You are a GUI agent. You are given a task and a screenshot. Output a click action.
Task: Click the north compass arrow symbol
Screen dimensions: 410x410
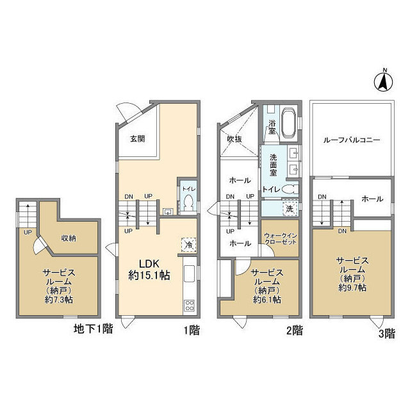(383, 81)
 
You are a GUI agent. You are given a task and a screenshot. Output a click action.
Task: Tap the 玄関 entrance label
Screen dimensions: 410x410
(138, 138)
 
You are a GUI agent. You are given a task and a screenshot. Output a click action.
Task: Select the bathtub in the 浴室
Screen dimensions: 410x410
(289, 123)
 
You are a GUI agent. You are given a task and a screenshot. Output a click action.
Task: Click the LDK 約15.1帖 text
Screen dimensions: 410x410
(149, 270)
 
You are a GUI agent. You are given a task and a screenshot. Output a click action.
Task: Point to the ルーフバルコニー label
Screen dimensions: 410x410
(352, 140)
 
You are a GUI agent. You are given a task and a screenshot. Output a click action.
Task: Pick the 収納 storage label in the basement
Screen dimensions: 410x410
(69, 238)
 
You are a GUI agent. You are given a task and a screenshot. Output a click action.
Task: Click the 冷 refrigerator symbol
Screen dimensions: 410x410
(189, 245)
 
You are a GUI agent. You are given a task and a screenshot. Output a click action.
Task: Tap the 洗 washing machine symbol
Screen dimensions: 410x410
(290, 209)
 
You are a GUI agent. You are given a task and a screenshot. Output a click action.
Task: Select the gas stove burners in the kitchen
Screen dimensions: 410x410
(190, 306)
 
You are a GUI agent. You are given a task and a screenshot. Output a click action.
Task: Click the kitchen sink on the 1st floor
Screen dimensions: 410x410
(190, 274)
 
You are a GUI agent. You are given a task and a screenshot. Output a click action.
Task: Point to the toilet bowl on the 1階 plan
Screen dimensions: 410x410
(188, 204)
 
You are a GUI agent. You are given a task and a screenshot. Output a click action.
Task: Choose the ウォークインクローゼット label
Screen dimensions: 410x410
(281, 238)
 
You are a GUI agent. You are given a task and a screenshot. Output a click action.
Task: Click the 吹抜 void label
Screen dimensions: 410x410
(234, 139)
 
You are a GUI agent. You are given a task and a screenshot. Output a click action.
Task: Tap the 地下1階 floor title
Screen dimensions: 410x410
(94, 329)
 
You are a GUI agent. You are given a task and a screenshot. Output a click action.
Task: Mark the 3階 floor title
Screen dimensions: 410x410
(387, 334)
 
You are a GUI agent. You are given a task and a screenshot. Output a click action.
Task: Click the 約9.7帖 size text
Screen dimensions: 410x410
(352, 288)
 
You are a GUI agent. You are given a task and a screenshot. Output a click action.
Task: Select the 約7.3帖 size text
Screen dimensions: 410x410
(58, 300)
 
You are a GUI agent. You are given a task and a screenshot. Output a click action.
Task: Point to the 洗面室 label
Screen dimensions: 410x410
(274, 165)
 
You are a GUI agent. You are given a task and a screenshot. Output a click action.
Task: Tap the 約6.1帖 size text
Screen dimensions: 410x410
(267, 300)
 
